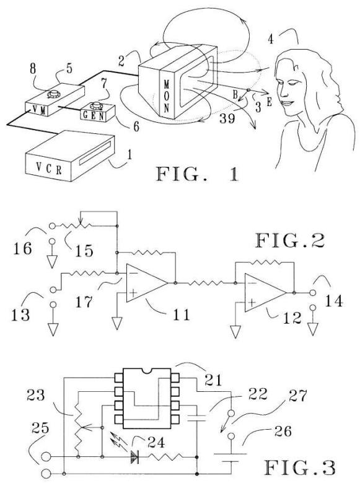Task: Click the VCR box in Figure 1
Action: [x=70, y=156]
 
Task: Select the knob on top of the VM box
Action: [x=54, y=94]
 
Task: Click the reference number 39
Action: [x=227, y=118]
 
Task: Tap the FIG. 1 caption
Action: [x=198, y=174]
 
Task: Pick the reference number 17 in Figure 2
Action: [x=84, y=301]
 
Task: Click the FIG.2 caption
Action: [x=289, y=241]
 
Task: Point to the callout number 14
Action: [x=334, y=301]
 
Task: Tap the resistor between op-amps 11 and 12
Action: [x=206, y=283]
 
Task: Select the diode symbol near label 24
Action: [x=134, y=457]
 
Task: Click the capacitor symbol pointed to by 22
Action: [x=197, y=418]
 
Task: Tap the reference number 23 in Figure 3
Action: [x=36, y=395]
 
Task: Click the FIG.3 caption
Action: [x=300, y=467]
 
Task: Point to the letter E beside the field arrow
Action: [x=269, y=102]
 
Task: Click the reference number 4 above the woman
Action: [x=271, y=39]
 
